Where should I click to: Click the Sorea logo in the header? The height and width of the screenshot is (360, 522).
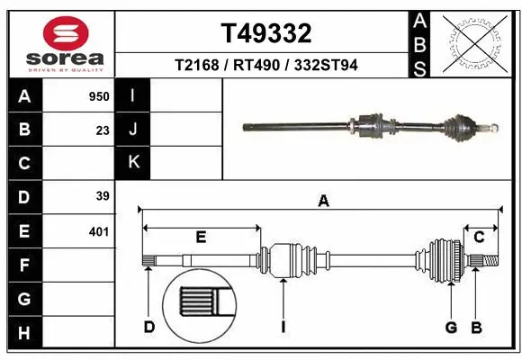(x=59, y=43)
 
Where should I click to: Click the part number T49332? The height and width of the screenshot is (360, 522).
(x=266, y=33)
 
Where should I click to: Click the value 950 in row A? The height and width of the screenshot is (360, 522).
(x=98, y=96)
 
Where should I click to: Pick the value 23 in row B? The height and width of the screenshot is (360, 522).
(x=103, y=130)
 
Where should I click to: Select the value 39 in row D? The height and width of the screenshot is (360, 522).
(x=103, y=197)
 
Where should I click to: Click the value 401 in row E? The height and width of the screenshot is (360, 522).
(x=98, y=231)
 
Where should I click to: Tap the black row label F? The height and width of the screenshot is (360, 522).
(x=23, y=265)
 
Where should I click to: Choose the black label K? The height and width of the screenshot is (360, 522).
(x=133, y=163)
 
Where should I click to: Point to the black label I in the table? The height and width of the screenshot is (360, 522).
(x=133, y=96)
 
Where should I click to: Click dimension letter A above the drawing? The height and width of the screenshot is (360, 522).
(x=323, y=202)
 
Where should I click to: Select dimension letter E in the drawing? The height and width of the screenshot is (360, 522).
(x=201, y=237)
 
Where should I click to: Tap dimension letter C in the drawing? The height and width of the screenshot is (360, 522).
(x=480, y=237)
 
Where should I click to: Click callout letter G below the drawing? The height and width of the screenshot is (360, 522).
(x=451, y=327)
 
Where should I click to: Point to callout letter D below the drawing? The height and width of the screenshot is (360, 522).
(x=149, y=327)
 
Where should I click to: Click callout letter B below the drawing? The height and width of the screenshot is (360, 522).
(x=477, y=327)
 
